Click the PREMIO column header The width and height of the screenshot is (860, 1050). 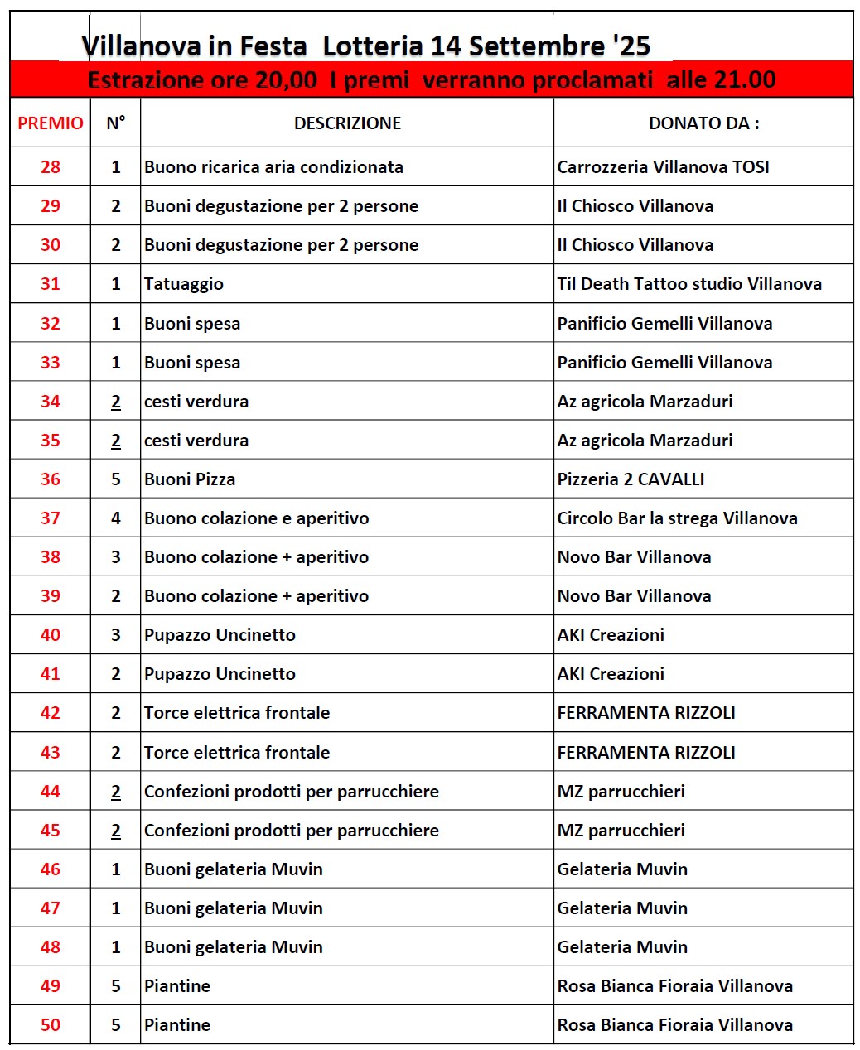pos(51,123)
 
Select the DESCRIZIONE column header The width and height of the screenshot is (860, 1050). pos(347,123)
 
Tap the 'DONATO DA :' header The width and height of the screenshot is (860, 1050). pos(703,123)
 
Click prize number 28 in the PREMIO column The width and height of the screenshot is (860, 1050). pos(51,167)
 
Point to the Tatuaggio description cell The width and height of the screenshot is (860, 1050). pos(184,284)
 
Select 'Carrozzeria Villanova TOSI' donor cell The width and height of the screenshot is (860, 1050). pos(663,167)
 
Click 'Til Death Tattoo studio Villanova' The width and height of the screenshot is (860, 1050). pos(689,284)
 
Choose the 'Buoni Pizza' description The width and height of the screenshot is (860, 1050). pos(190,479)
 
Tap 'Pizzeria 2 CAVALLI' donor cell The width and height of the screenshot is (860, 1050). pos(631,479)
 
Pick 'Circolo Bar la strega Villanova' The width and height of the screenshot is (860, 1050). pos(677,518)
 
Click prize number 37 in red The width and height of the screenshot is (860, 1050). pos(51,518)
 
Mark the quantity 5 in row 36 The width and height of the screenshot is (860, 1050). pos(116,479)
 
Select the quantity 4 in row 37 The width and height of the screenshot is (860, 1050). pos(116,518)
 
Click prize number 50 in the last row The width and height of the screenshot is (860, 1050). pos(51,1025)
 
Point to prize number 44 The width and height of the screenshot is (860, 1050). pos(51,792)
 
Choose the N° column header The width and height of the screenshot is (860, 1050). pos(116,123)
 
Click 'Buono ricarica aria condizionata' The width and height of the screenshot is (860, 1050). pos(273,167)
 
